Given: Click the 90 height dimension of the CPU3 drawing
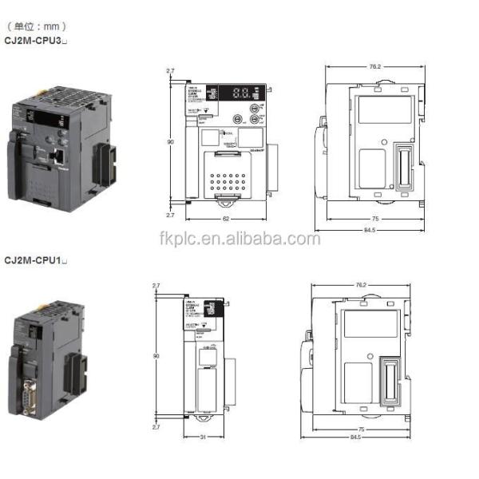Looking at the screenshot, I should (x=170, y=142).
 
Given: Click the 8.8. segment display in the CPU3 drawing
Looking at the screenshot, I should (x=243, y=93).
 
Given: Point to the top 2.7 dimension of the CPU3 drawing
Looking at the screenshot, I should (x=169, y=71).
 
